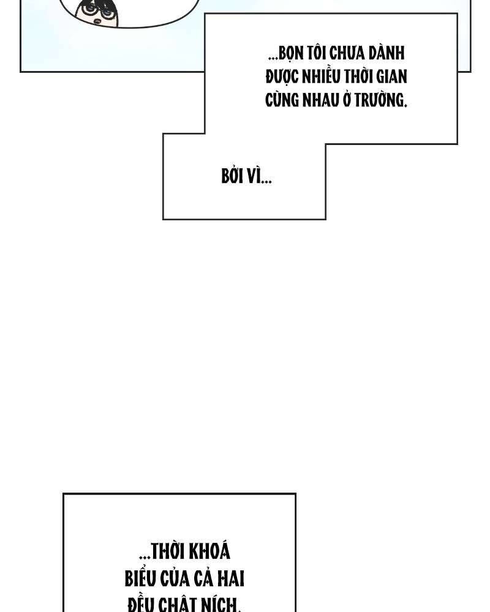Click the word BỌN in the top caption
[290, 54]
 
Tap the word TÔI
[317, 54]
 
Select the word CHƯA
[350, 54]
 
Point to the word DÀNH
[388, 54]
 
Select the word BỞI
[233, 177]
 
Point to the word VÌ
[254, 177]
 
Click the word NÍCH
[221, 605]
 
